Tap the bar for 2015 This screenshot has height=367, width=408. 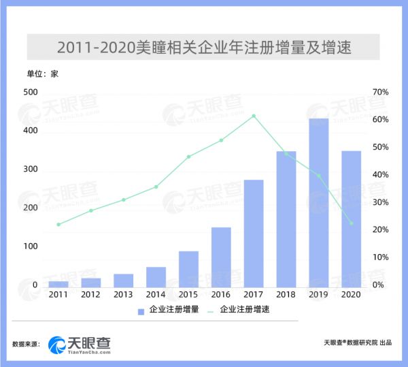point(188,269)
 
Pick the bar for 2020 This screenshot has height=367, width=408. point(351,219)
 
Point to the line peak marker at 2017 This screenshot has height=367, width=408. point(254,116)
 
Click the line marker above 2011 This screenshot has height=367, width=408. point(58,224)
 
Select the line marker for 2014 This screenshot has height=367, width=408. point(156,187)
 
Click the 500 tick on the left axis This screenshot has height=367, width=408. point(31,92)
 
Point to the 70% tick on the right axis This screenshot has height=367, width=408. point(379,92)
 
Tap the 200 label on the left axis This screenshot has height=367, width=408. point(31,207)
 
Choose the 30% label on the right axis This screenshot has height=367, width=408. point(379,202)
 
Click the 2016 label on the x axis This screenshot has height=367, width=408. point(221,295)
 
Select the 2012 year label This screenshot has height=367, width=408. point(90,295)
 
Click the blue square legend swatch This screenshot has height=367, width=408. point(141,310)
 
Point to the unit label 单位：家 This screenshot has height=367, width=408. point(42,74)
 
